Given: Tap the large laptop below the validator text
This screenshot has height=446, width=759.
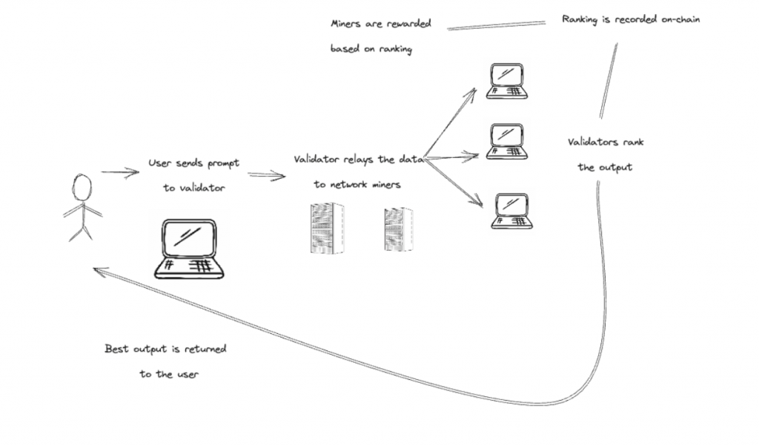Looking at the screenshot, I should pyautogui.click(x=188, y=249).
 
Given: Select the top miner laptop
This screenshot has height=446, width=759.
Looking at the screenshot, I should pyautogui.click(x=507, y=81).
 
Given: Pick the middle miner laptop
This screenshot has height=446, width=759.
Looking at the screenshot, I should pyautogui.click(x=507, y=142).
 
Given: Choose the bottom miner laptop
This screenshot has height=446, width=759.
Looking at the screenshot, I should pyautogui.click(x=511, y=211).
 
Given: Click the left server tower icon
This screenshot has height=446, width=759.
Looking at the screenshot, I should pyautogui.click(x=327, y=228).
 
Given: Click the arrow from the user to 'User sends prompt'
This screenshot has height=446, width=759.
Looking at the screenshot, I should pyautogui.click(x=120, y=173).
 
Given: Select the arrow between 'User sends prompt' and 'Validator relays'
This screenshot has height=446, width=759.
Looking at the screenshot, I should pyautogui.click(x=267, y=175).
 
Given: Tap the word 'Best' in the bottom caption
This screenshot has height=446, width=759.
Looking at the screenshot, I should pyautogui.click(x=117, y=348).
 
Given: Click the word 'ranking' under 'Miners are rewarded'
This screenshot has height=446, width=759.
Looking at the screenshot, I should pyautogui.click(x=394, y=50).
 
